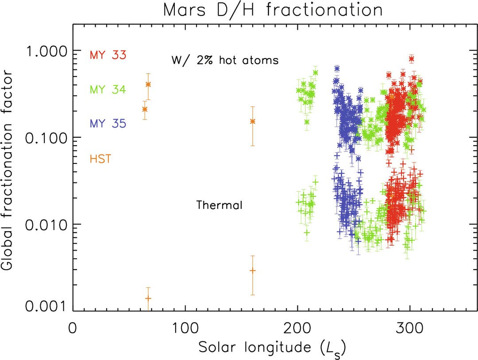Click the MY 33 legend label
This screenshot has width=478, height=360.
[108, 55]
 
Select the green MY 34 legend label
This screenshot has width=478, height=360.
[108, 90]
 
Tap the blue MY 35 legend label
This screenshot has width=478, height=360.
[108, 124]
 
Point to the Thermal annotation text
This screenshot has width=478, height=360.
[219, 205]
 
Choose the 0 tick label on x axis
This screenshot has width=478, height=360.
[73, 330]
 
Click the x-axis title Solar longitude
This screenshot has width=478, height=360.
[271, 347]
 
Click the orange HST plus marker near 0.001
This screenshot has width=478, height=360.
[148, 298]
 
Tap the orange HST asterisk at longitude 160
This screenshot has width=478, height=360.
[253, 121]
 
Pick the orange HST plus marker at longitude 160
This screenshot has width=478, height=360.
[253, 271]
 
